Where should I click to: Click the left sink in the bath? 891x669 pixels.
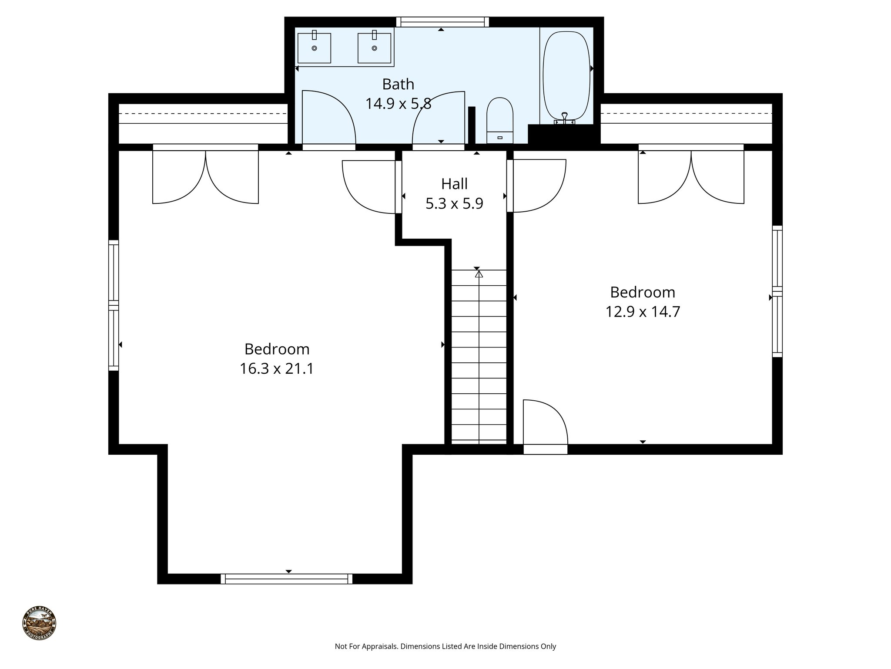click(x=314, y=48)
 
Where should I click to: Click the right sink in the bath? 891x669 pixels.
click(x=374, y=48)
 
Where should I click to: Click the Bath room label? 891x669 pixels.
click(x=398, y=84)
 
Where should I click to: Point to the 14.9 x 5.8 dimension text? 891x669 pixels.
click(x=398, y=104)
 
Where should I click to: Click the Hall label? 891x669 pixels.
click(x=454, y=184)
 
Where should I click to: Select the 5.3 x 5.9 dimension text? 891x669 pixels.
click(x=454, y=203)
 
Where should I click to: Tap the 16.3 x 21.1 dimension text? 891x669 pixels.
click(x=277, y=369)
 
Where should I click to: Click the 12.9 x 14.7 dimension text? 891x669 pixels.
click(x=643, y=312)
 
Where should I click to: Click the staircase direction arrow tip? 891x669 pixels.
click(x=479, y=274)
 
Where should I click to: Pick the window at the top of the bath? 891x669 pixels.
click(x=442, y=22)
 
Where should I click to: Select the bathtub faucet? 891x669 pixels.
click(x=564, y=117)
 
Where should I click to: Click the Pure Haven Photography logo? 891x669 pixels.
click(x=39, y=623)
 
